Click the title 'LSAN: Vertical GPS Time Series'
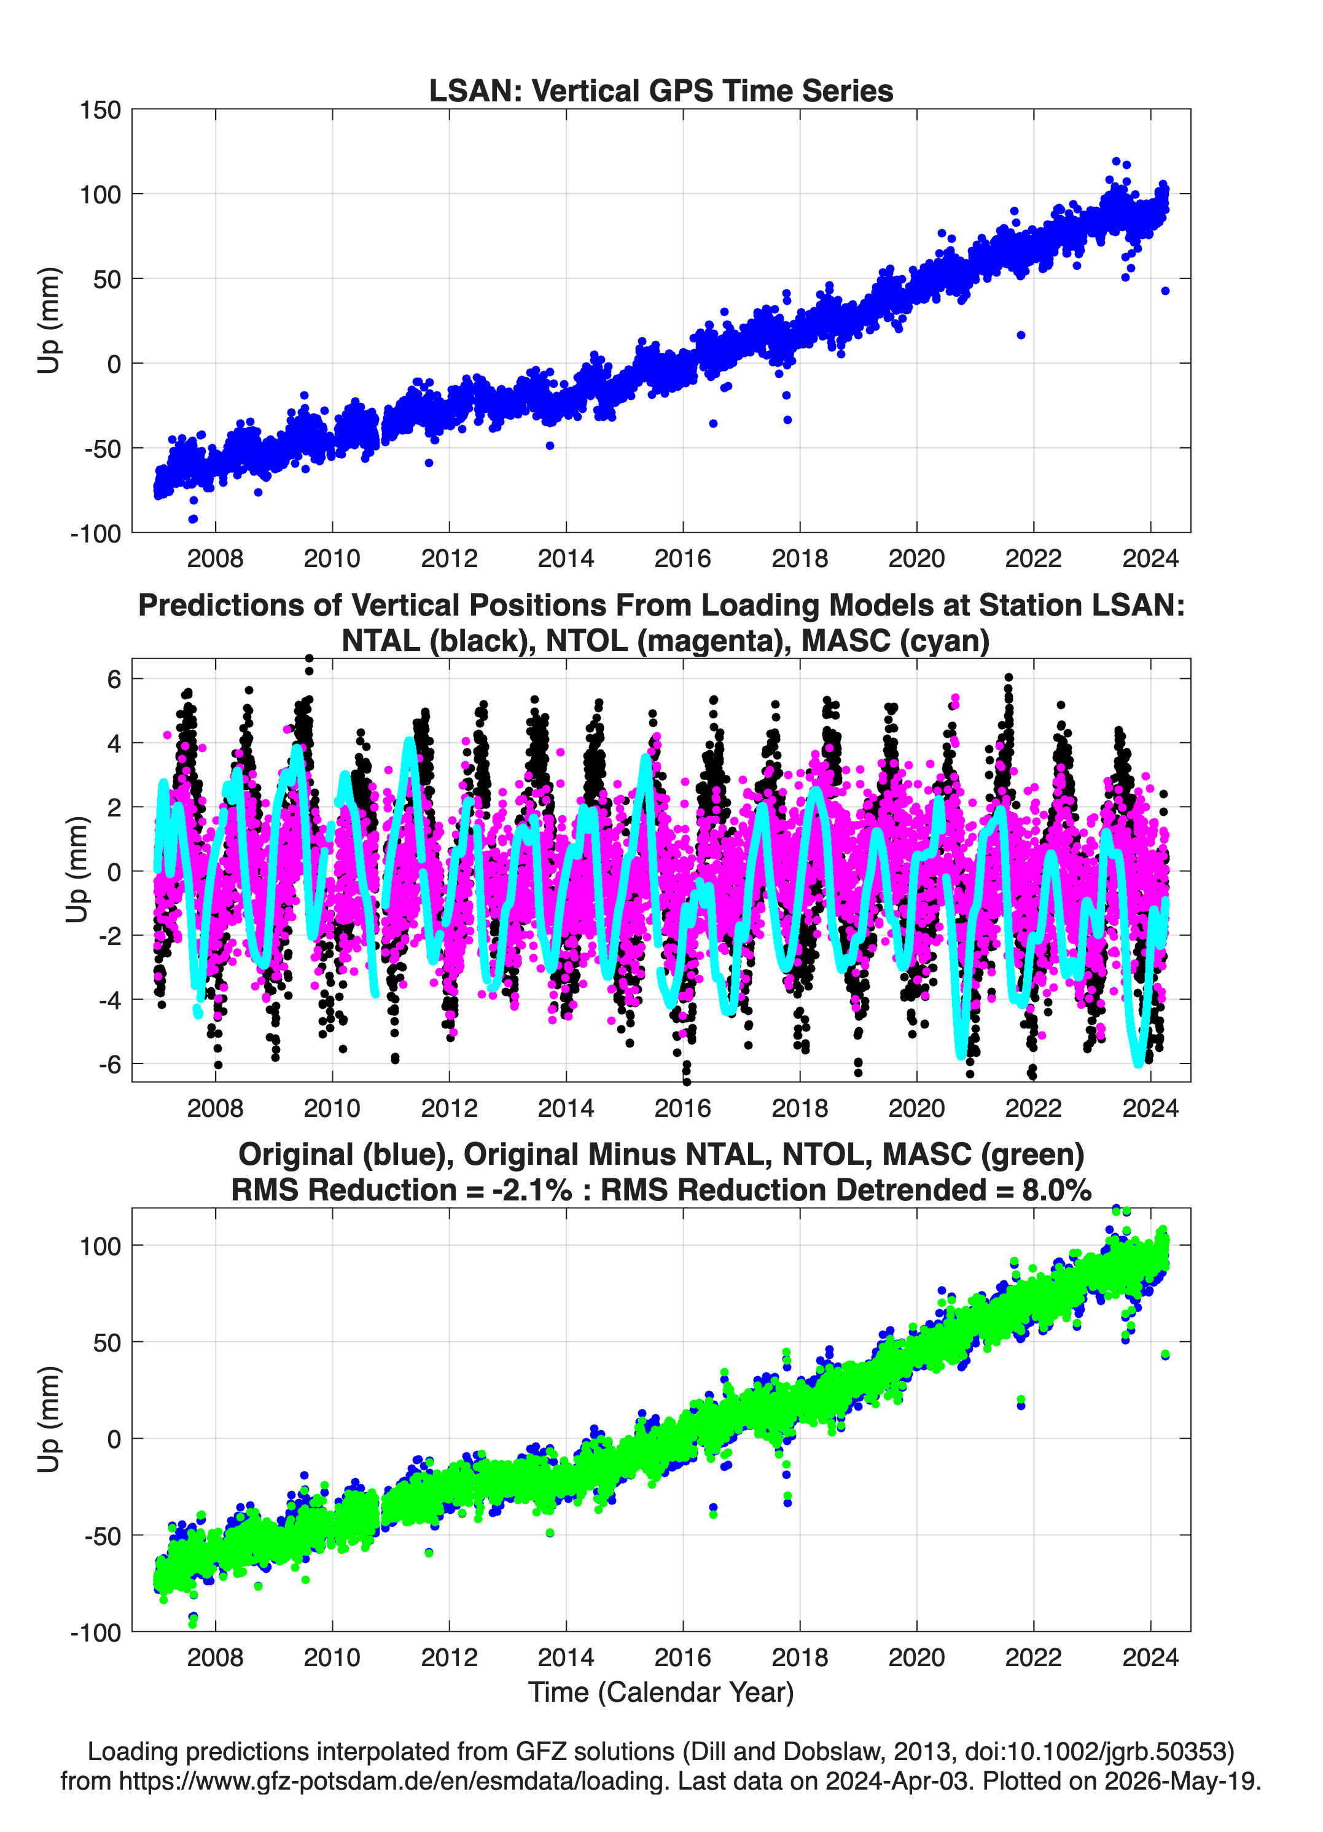(x=661, y=90)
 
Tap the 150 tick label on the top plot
(x=100, y=110)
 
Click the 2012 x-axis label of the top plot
(x=449, y=558)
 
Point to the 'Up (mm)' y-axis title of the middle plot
(x=77, y=869)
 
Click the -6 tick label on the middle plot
(x=109, y=1065)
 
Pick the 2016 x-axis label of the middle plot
(x=682, y=1108)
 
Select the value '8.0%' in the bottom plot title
(x=1056, y=1190)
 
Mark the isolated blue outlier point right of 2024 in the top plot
(x=1165, y=291)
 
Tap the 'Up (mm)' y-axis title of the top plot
(x=49, y=320)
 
